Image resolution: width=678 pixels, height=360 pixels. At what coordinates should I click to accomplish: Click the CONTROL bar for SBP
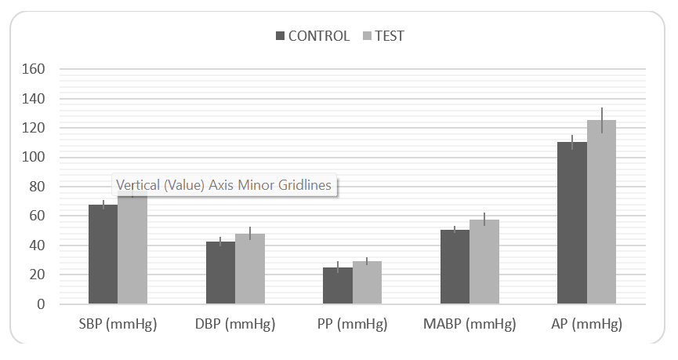click(x=103, y=255)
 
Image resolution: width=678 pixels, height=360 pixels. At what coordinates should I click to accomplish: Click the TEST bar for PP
click(x=367, y=282)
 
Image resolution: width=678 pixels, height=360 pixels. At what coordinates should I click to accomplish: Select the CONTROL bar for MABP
click(x=455, y=267)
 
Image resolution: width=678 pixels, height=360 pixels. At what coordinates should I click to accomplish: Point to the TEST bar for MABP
click(x=484, y=262)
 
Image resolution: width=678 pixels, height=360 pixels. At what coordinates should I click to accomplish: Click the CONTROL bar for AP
click(x=572, y=223)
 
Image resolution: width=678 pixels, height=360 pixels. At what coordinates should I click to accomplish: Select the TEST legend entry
click(x=383, y=36)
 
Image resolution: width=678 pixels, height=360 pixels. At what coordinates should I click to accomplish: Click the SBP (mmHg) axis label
click(x=118, y=324)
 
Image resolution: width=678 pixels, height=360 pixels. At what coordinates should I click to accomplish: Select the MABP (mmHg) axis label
click(x=470, y=324)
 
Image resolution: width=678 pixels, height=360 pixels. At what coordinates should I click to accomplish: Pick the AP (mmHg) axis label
click(x=586, y=324)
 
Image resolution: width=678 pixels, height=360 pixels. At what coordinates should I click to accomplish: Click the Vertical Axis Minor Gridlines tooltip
click(x=224, y=185)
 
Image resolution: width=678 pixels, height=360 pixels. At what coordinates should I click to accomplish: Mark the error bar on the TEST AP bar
click(x=601, y=120)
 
